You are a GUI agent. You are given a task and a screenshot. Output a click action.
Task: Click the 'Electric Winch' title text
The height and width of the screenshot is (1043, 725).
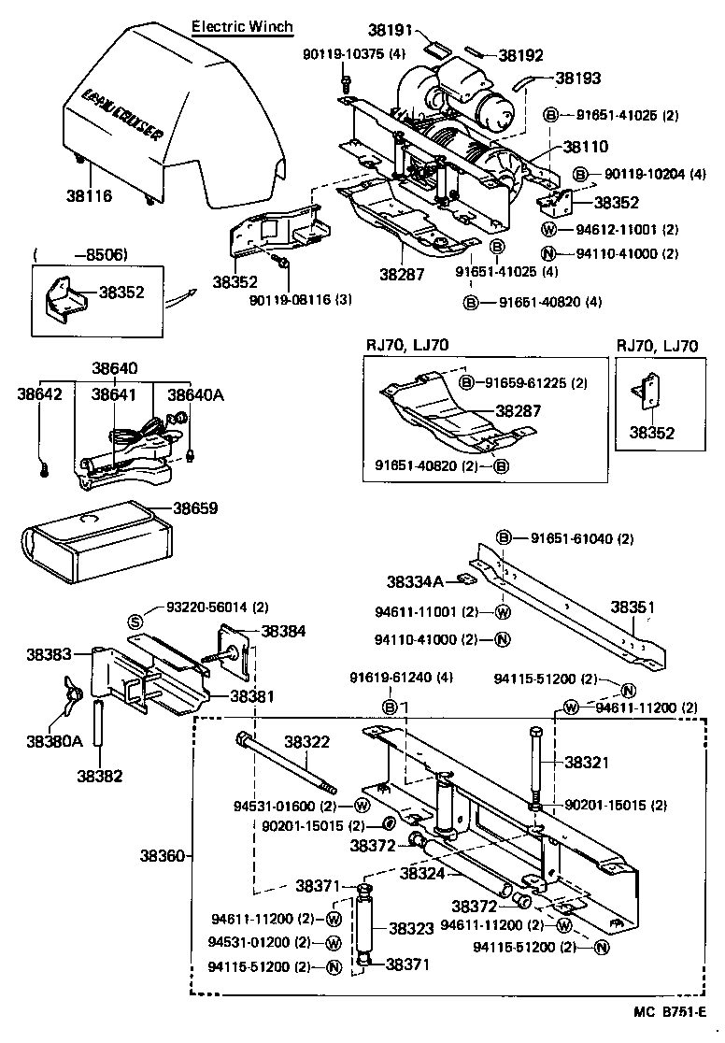241,26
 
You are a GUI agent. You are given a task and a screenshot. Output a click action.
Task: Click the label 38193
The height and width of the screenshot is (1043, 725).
578,79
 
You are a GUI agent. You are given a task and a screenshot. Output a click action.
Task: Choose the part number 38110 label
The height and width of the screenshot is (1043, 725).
585,147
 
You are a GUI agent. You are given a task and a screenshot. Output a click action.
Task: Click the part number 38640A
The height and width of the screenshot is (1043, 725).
195,394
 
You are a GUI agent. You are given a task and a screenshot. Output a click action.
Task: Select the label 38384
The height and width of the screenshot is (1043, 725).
283,632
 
